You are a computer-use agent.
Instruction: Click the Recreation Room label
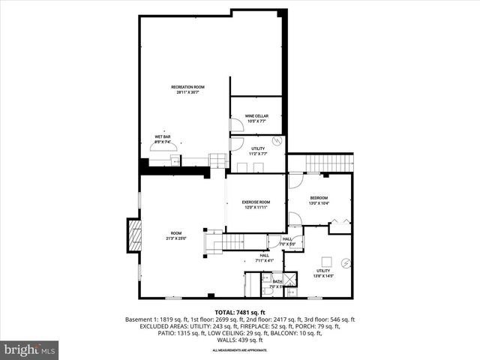pos(187,89)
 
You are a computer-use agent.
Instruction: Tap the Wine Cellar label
pos(256,118)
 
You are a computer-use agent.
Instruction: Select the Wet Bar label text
pos(163,139)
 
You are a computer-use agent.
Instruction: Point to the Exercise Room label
pos(256,204)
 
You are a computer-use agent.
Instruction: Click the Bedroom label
pos(319,199)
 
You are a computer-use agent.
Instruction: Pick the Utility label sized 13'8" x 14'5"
pos(323,273)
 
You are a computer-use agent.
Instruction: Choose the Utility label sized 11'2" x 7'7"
pos(258,151)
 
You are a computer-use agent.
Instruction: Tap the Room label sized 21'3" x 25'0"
pos(176,235)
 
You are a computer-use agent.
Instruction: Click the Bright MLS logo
pos(30,349)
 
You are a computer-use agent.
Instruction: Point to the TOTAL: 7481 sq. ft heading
pos(240,312)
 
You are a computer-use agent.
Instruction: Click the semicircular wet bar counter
pos(163,147)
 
